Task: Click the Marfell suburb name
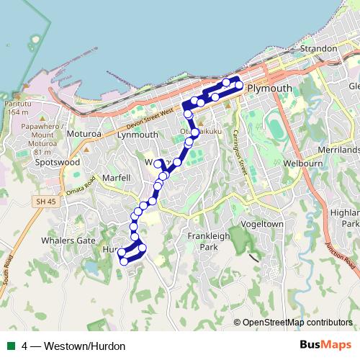click(116, 178)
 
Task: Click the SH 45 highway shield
click(44, 203)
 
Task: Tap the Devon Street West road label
click(149, 117)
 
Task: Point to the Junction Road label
click(341, 257)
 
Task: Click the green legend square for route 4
click(10, 346)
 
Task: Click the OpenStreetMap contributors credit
click(297, 323)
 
